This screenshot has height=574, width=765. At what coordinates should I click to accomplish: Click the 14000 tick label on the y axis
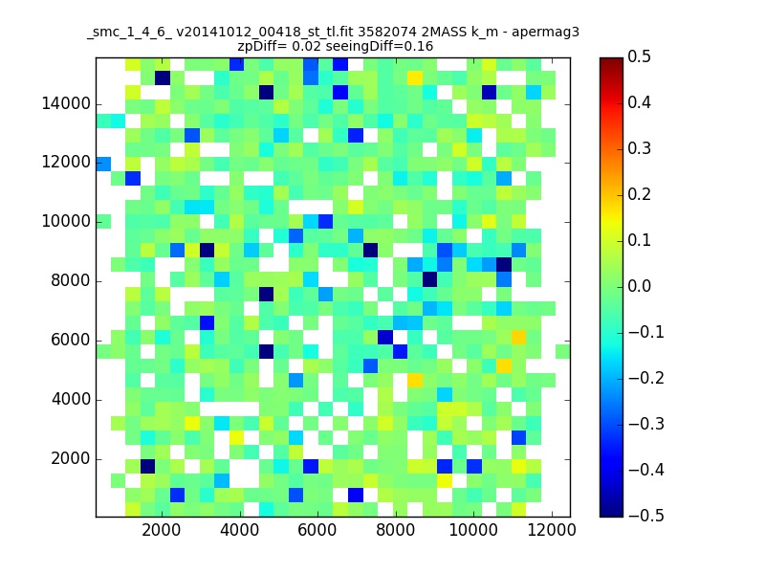click(x=66, y=104)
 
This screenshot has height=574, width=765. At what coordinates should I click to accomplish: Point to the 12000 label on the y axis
click(x=66, y=162)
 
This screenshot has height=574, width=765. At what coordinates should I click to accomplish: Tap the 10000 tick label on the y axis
click(x=66, y=222)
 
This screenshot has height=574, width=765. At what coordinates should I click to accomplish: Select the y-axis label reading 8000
click(x=71, y=281)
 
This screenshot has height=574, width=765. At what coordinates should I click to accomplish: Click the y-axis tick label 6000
click(x=71, y=341)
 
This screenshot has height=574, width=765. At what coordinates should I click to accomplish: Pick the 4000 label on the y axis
click(x=71, y=400)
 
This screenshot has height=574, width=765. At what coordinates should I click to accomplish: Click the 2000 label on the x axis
click(x=161, y=530)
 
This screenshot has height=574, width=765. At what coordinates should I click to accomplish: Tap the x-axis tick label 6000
click(x=317, y=530)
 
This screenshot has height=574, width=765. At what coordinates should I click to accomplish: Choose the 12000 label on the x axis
click(x=552, y=530)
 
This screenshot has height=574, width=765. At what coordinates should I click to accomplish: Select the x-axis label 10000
click(x=473, y=530)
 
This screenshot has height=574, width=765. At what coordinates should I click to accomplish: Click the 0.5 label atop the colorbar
click(x=639, y=56)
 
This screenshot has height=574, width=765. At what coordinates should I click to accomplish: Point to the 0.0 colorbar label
click(x=639, y=286)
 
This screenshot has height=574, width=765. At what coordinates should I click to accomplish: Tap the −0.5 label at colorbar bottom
click(x=646, y=516)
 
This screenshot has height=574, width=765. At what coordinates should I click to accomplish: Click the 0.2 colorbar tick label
click(x=639, y=195)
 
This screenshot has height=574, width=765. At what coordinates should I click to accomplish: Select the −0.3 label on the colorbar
click(x=646, y=424)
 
